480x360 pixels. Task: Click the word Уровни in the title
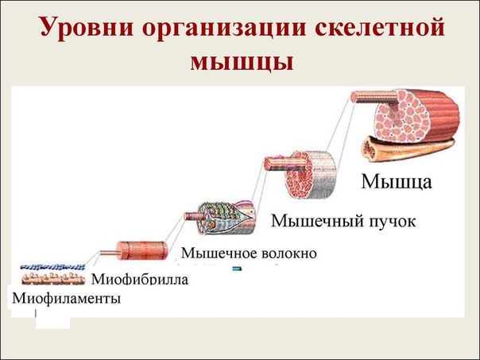87,28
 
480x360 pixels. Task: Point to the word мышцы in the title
242,62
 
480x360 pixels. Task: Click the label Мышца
397,182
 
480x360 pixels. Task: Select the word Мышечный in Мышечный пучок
317,221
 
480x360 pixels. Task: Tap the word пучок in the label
393,222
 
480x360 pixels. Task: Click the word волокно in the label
289,254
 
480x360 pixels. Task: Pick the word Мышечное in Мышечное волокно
219,253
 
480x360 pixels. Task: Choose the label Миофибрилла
140,280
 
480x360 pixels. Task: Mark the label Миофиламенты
66,299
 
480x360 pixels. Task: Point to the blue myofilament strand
52,267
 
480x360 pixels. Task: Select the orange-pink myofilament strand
53,278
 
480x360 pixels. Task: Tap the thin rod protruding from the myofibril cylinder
109,253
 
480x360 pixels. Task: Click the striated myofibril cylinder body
143,250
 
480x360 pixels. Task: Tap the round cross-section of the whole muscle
401,117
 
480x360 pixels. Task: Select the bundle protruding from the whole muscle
374,97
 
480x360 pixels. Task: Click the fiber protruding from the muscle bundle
285,163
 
